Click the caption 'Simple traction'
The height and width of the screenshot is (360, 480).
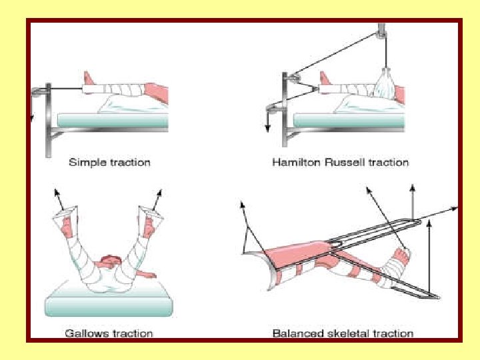110,162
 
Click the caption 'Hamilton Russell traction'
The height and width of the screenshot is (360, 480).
340,162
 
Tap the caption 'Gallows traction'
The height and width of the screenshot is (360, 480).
109,333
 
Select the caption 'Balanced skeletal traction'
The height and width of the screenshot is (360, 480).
343,333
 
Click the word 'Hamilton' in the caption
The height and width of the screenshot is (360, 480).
295,162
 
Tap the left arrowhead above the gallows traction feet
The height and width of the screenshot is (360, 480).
56,193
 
